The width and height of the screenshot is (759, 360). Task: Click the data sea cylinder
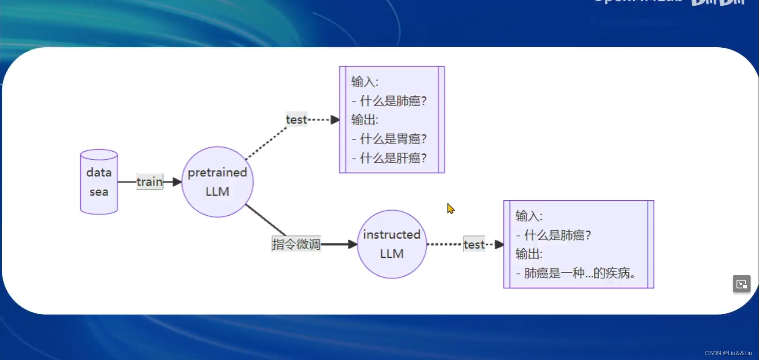click(x=99, y=182)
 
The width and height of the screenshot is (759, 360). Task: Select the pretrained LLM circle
click(x=218, y=182)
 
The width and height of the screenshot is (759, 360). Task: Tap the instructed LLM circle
click(x=392, y=244)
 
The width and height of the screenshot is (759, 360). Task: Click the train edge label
click(x=150, y=182)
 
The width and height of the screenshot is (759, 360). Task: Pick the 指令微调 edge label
click(x=296, y=244)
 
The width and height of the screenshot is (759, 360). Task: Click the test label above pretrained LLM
click(x=296, y=120)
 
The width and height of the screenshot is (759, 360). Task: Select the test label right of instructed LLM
click(x=474, y=244)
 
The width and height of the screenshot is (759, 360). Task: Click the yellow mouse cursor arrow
click(x=450, y=208)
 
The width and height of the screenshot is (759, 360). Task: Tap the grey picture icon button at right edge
click(x=741, y=284)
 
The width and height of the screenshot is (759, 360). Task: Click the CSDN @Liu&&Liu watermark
click(x=728, y=353)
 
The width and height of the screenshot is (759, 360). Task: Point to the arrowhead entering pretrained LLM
click(x=177, y=182)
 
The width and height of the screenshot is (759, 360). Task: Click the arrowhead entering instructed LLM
click(x=353, y=244)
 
